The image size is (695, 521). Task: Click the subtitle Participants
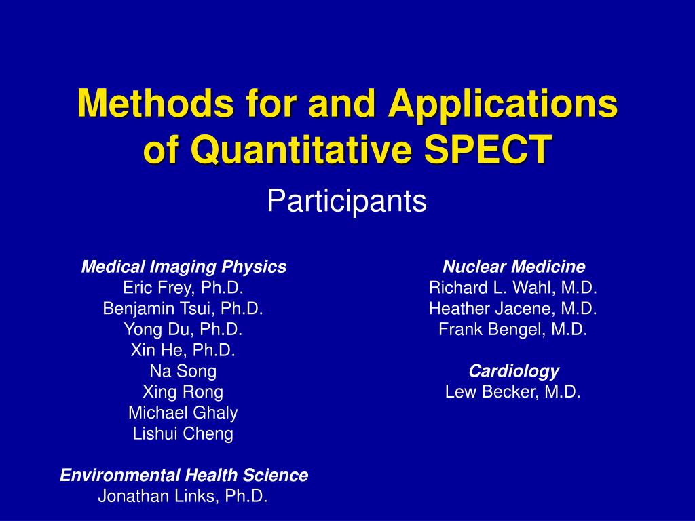pos(347,201)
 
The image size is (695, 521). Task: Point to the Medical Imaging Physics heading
pos(183,267)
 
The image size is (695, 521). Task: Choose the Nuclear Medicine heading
pos(513,267)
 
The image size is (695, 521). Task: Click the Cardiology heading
pos(513,371)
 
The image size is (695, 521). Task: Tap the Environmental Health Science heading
pos(183,476)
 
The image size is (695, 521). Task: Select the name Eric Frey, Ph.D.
pos(183,288)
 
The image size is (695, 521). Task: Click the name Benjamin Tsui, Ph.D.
pos(183,309)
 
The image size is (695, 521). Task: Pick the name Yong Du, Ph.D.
pos(183,330)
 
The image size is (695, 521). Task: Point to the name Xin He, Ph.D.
pos(183,351)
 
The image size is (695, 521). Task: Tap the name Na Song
pos(183,371)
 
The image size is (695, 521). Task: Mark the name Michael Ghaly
pos(183,412)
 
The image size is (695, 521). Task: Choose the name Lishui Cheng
pos(183,433)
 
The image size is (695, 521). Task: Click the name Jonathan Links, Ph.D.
pos(183,496)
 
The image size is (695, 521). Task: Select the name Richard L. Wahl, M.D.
pos(513,288)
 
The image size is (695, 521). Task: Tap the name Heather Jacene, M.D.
pos(513,309)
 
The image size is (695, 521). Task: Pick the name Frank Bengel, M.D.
pos(513,330)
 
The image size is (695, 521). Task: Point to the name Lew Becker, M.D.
pos(513,392)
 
